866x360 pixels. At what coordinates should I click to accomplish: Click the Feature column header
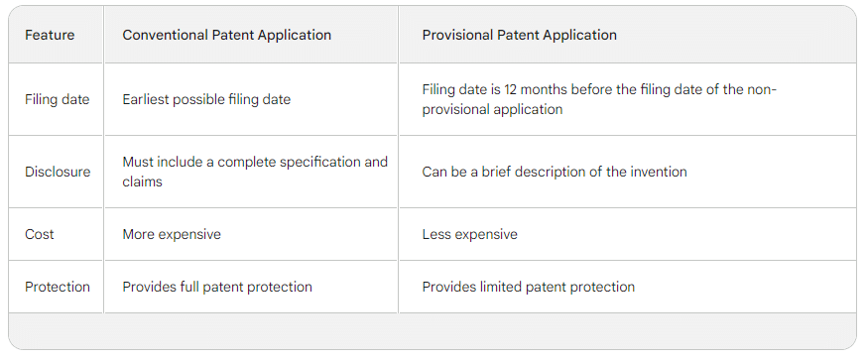50,35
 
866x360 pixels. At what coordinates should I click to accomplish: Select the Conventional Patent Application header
226,35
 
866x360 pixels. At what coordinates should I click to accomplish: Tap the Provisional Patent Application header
519,35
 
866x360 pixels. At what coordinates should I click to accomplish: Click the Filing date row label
57,99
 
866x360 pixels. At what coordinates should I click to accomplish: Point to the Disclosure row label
58,172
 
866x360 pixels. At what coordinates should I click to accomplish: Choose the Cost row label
40,234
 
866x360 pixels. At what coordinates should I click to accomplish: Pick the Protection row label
58,287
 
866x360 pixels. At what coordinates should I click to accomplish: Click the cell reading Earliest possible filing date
206,99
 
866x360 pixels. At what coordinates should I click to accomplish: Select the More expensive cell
172,234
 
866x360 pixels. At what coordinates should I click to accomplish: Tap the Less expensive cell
469,234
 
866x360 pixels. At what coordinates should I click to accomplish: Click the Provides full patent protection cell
217,287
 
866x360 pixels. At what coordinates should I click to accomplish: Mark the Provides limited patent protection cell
528,287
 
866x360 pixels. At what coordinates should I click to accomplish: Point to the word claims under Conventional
142,181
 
